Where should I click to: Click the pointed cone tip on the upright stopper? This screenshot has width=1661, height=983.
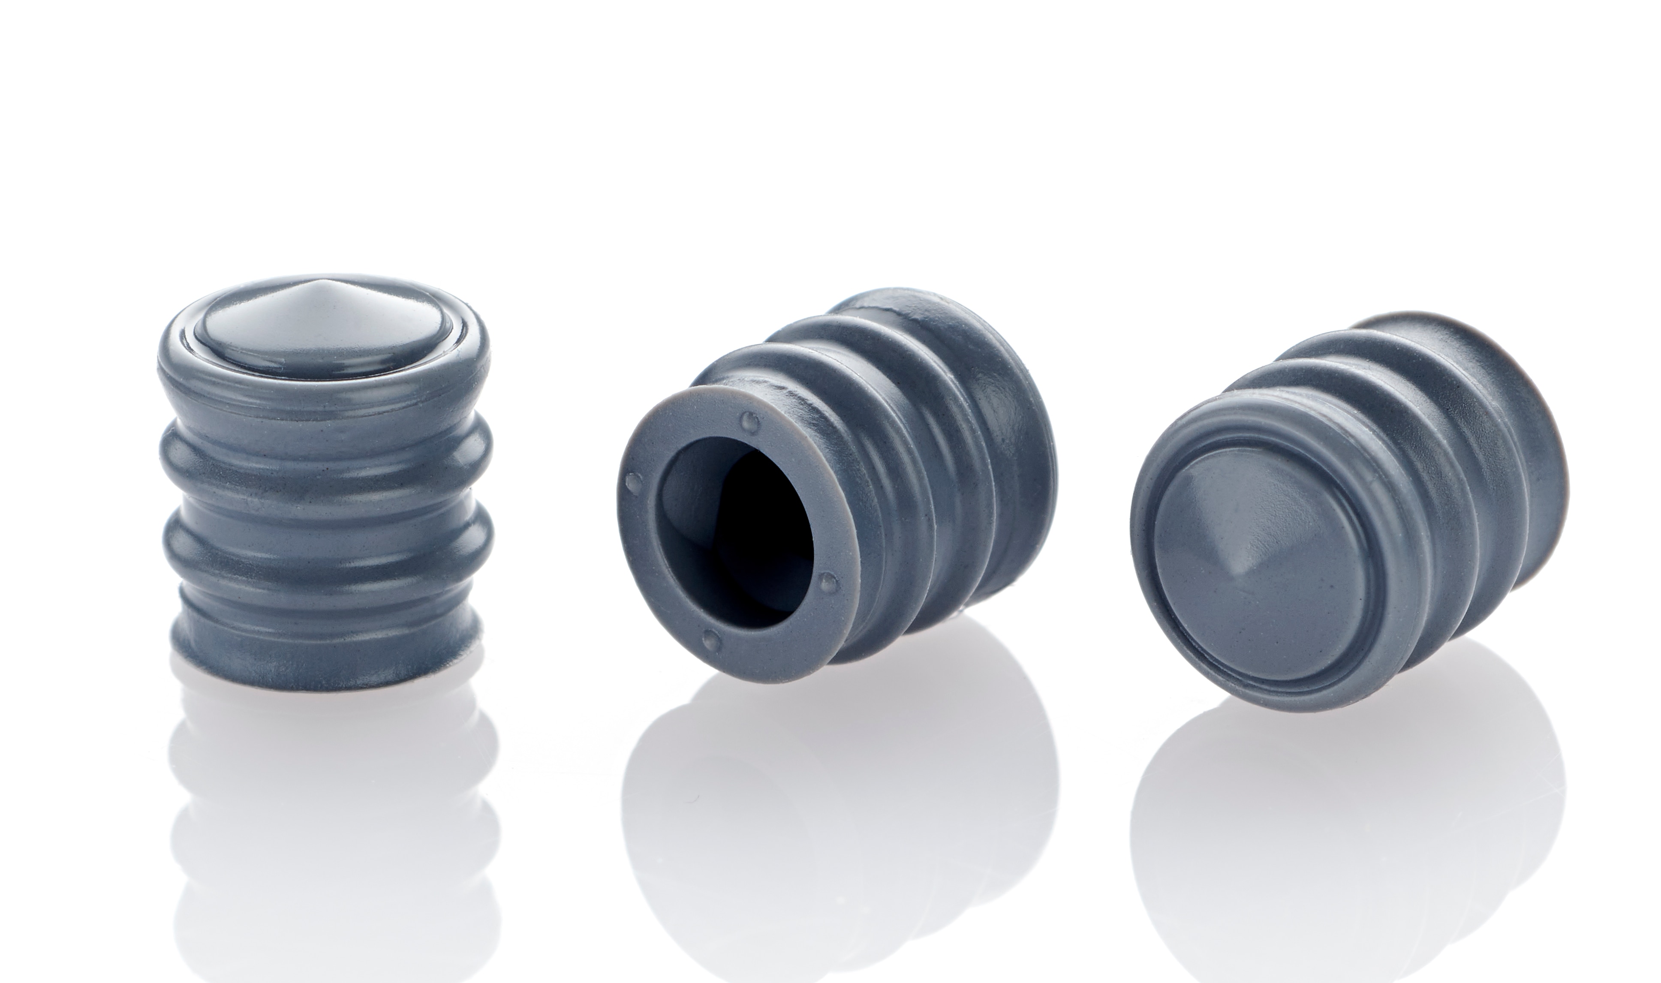pos(322,286)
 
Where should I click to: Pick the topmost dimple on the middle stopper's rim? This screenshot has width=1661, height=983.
pos(750,419)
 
